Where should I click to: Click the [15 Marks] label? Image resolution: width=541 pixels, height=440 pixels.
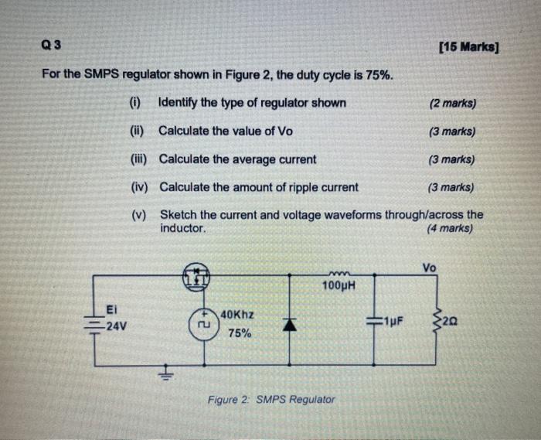click(468, 48)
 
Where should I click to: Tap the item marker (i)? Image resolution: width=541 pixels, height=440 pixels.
click(135, 103)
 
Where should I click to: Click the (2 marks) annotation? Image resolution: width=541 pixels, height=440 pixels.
click(452, 104)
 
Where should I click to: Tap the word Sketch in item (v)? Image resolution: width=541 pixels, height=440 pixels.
click(178, 214)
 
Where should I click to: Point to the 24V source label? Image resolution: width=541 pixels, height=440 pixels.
click(116, 326)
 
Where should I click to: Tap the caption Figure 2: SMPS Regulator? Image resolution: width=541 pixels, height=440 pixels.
click(271, 400)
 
